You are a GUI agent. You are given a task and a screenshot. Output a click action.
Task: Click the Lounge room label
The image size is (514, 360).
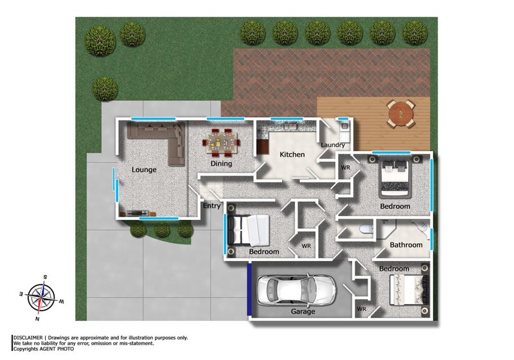(145, 170)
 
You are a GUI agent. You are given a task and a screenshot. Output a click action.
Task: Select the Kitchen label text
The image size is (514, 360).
(292, 155)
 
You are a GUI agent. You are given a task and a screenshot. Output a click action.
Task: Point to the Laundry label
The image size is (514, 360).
(333, 145)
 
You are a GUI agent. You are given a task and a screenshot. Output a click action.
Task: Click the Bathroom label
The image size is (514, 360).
(406, 245)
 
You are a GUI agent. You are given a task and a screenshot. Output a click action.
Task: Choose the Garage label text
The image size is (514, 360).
(303, 312)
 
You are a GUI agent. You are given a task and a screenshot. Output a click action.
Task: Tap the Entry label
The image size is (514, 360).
(212, 206)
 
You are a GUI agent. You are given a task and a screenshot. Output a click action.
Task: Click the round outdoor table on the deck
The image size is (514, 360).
(402, 114)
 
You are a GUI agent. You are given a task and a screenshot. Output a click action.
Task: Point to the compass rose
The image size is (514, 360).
(41, 296)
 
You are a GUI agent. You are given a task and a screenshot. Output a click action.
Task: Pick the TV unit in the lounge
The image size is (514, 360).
(137, 212)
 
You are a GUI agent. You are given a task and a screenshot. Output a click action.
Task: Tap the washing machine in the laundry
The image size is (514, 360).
(344, 133)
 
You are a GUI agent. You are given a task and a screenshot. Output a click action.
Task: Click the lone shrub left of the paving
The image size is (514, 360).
(105, 88)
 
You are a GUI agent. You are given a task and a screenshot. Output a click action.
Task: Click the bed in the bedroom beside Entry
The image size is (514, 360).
(249, 230)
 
